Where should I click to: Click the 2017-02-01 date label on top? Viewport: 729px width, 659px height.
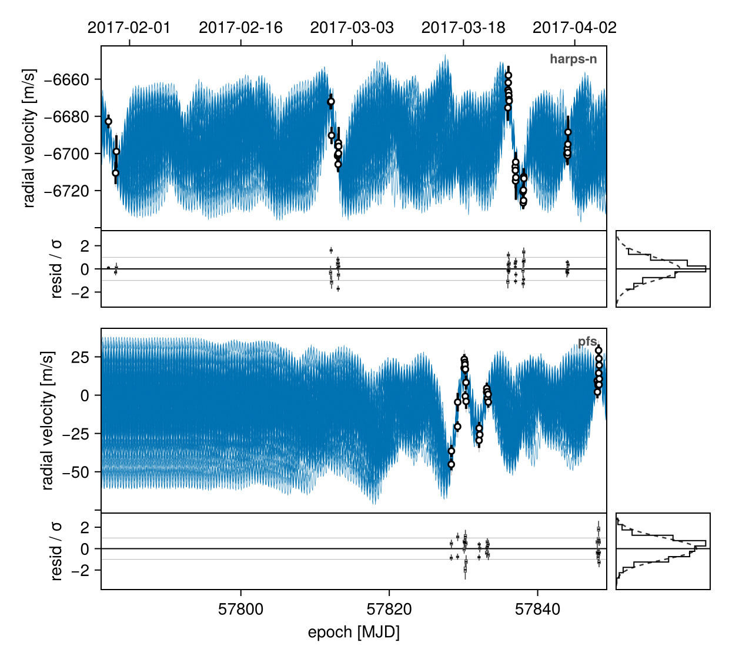pyautogui.click(x=129, y=28)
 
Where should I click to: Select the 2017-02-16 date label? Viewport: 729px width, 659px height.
pyautogui.click(x=240, y=28)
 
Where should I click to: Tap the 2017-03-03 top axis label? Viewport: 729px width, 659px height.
pyautogui.click(x=352, y=28)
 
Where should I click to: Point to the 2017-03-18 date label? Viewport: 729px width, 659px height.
pyautogui.click(x=463, y=28)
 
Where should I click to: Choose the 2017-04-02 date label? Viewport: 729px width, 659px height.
pyautogui.click(x=574, y=28)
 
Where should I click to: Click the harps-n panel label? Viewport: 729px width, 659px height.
pyautogui.click(x=573, y=59)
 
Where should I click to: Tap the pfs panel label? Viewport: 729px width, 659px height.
pyautogui.click(x=587, y=341)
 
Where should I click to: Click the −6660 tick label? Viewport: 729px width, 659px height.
pyautogui.click(x=66, y=79)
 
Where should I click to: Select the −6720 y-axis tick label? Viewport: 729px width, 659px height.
pyautogui.click(x=66, y=191)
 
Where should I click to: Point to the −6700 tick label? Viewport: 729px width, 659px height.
pyautogui.click(x=66, y=154)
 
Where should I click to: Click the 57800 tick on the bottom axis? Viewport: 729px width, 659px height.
pyautogui.click(x=240, y=609)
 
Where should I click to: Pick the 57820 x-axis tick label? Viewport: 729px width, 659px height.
pyautogui.click(x=389, y=609)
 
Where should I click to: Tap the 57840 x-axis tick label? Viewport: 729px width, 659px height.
pyautogui.click(x=537, y=609)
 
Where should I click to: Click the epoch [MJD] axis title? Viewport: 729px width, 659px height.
pyautogui.click(x=353, y=633)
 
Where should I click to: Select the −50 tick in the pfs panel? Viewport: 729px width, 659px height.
pyautogui.click(x=75, y=472)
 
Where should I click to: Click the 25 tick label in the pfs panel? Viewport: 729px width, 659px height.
pyautogui.click(x=81, y=357)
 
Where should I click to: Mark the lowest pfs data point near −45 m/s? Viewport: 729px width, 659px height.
pyautogui.click(x=452, y=464)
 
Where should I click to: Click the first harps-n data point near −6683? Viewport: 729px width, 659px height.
pyautogui.click(x=108, y=122)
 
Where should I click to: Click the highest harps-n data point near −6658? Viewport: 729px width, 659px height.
pyautogui.click(x=509, y=75)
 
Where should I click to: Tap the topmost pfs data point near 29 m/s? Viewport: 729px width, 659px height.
pyautogui.click(x=598, y=351)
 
